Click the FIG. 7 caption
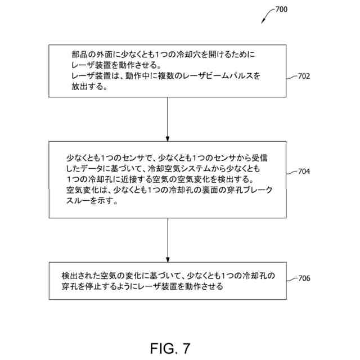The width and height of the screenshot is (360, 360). pyautogui.click(x=170, y=348)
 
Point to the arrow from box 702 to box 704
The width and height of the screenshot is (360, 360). pyautogui.click(x=168, y=118)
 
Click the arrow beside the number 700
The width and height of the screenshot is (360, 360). pyautogui.click(x=265, y=17)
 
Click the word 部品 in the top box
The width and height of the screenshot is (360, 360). pyautogui.click(x=79, y=55)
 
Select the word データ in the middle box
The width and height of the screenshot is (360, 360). pyautogui.click(x=100, y=169)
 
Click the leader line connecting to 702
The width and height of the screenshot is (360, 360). pyautogui.click(x=291, y=76)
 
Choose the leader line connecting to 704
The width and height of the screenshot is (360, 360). pyautogui.click(x=291, y=171)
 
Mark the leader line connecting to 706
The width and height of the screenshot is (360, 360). pyautogui.click(x=291, y=277)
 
